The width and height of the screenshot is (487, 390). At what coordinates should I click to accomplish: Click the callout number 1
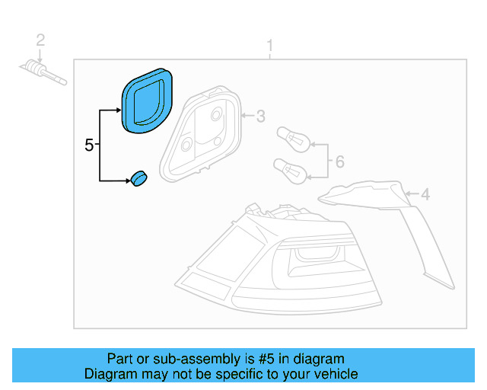[269, 48]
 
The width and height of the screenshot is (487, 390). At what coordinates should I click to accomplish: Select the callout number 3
[260, 117]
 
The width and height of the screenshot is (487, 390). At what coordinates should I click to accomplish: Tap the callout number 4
[425, 195]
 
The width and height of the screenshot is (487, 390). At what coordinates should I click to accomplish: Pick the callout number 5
[89, 145]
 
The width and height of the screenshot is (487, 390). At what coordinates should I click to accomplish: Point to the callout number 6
[339, 161]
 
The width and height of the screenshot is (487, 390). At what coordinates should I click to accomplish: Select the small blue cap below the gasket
[138, 179]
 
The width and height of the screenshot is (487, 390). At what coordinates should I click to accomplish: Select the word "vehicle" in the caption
[333, 374]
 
